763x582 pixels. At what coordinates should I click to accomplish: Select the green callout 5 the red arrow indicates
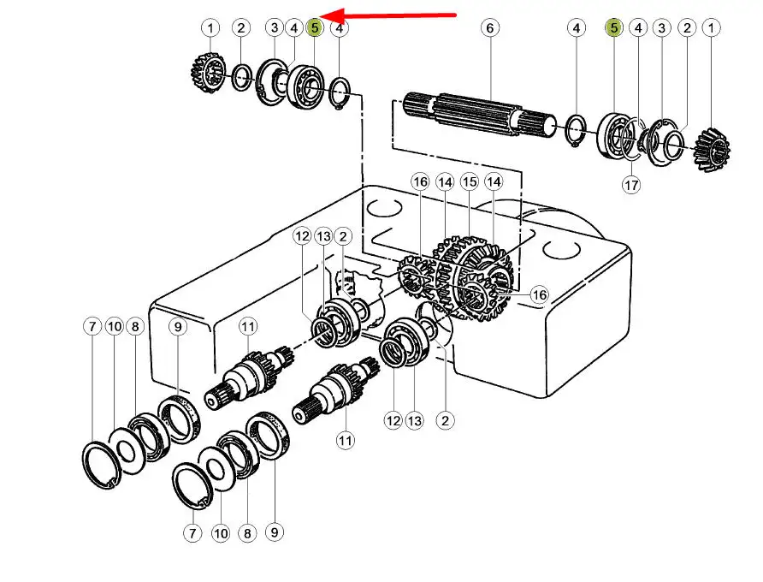pyautogui.click(x=316, y=28)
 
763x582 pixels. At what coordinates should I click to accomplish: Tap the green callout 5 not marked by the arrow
pyautogui.click(x=613, y=28)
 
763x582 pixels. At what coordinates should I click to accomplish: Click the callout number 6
pyautogui.click(x=490, y=28)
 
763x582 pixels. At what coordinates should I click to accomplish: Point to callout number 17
pyautogui.click(x=631, y=184)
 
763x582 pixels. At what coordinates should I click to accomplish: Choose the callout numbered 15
pyautogui.click(x=469, y=181)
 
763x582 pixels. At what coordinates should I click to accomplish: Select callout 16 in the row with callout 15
pyautogui.click(x=420, y=181)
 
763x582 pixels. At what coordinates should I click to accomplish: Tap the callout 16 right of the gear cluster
pyautogui.click(x=539, y=294)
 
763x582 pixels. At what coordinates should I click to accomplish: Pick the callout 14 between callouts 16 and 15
pyautogui.click(x=445, y=181)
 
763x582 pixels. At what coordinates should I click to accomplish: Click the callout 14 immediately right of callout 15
pyautogui.click(x=494, y=181)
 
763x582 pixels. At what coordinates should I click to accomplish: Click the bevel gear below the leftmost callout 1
pyautogui.click(x=206, y=73)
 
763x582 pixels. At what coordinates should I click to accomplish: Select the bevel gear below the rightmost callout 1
pyautogui.click(x=713, y=147)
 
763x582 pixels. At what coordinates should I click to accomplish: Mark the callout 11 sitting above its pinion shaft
pyautogui.click(x=248, y=325)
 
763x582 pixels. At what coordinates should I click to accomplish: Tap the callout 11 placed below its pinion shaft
pyautogui.click(x=345, y=441)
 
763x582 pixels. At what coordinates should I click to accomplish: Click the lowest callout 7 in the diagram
pyautogui.click(x=192, y=533)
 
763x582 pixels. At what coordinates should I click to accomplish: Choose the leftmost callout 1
pyautogui.click(x=210, y=28)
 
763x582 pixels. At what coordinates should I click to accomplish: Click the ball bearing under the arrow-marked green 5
pyautogui.click(x=304, y=83)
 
